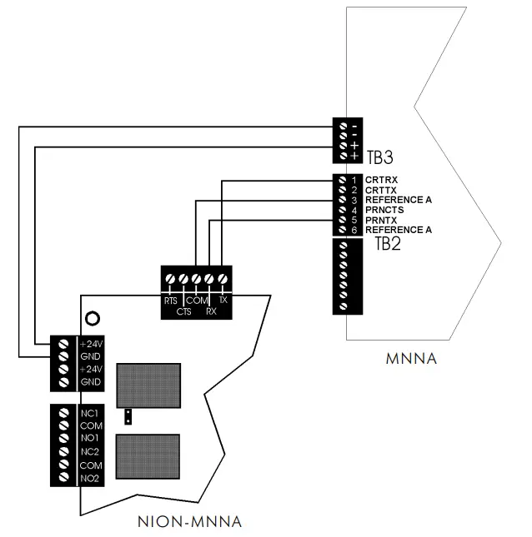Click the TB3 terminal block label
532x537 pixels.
[379, 155]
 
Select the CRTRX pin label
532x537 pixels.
[382, 180]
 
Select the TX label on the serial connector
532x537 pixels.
[223, 300]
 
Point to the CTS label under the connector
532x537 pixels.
[184, 311]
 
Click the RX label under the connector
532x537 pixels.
[212, 311]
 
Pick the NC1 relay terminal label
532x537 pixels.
[90, 413]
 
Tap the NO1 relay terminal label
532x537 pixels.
[90, 438]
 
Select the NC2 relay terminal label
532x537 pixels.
[90, 451]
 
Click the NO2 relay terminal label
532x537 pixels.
[90, 478]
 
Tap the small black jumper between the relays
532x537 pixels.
[128, 417]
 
